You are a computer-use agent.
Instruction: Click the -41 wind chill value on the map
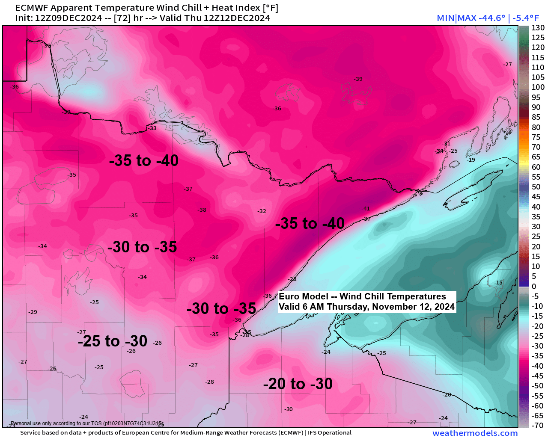(x=366, y=209)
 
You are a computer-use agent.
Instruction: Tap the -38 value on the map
(x=202, y=210)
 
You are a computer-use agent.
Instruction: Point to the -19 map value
(x=471, y=160)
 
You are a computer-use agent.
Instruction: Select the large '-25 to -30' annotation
(x=113, y=341)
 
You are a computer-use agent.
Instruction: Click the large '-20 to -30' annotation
(x=298, y=384)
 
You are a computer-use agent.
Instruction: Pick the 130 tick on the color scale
(x=538, y=28)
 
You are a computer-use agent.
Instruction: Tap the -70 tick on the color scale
(x=537, y=426)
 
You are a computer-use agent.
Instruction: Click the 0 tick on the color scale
(x=534, y=286)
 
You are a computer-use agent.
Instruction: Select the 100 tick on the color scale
(x=538, y=87)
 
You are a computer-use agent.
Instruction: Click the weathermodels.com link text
(x=475, y=433)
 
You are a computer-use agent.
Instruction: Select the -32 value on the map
(x=262, y=211)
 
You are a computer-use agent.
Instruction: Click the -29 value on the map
(x=33, y=312)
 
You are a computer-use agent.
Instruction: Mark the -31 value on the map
(x=446, y=144)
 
